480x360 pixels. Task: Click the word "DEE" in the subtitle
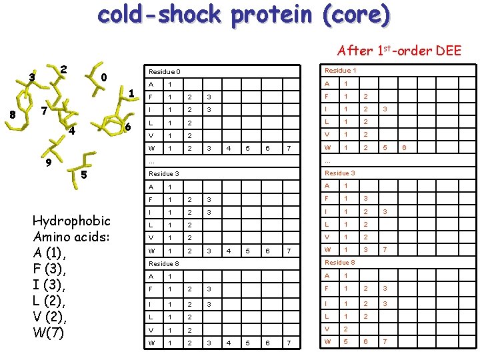tap(447, 51)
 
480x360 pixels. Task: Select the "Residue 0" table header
tap(164, 71)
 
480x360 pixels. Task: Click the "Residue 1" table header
tap(340, 70)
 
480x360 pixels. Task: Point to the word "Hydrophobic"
tap(71, 221)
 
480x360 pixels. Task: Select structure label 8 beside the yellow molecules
tap(13, 114)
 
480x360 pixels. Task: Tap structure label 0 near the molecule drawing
tap(103, 77)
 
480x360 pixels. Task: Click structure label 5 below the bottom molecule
tap(83, 175)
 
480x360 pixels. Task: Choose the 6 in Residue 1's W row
tap(403, 147)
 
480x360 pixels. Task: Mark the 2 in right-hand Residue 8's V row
tap(345, 329)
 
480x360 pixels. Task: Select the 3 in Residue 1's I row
tap(384, 109)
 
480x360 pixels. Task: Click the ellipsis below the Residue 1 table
tap(328, 160)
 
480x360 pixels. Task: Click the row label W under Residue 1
tap(327, 147)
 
